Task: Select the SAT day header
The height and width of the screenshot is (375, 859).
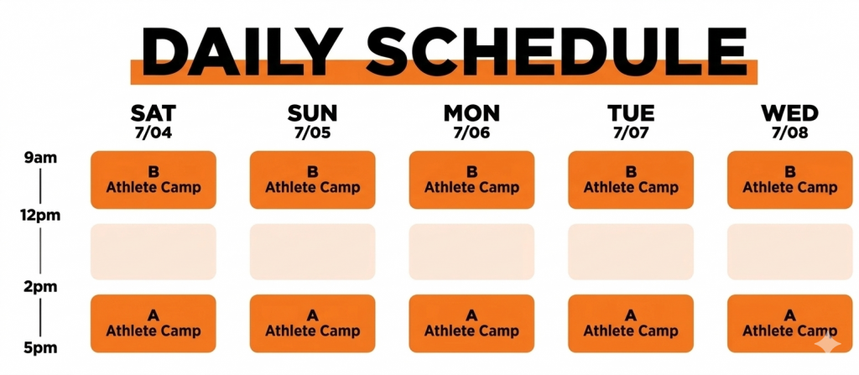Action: tap(154, 113)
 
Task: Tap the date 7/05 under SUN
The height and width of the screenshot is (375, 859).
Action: tap(312, 133)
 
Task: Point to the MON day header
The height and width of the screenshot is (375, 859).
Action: tap(471, 113)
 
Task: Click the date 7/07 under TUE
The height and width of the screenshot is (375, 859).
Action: tap(631, 133)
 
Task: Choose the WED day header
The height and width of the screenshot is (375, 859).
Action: tap(789, 113)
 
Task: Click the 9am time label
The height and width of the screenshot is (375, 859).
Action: tap(40, 159)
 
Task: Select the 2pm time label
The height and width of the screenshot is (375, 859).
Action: tap(40, 287)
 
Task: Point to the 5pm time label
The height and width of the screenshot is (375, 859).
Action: tap(40, 348)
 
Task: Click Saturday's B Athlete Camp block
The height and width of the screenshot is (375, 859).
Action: tap(154, 180)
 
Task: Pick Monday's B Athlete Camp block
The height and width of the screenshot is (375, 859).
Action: tap(471, 180)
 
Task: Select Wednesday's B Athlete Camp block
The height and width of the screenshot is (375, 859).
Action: tap(790, 180)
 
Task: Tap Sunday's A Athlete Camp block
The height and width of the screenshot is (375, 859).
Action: tap(312, 324)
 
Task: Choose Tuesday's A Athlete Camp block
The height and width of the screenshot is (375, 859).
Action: tap(631, 324)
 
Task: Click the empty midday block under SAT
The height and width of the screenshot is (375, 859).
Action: tap(154, 252)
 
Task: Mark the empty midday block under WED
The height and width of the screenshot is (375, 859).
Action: tap(790, 252)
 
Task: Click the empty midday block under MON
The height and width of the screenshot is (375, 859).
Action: tap(471, 252)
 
